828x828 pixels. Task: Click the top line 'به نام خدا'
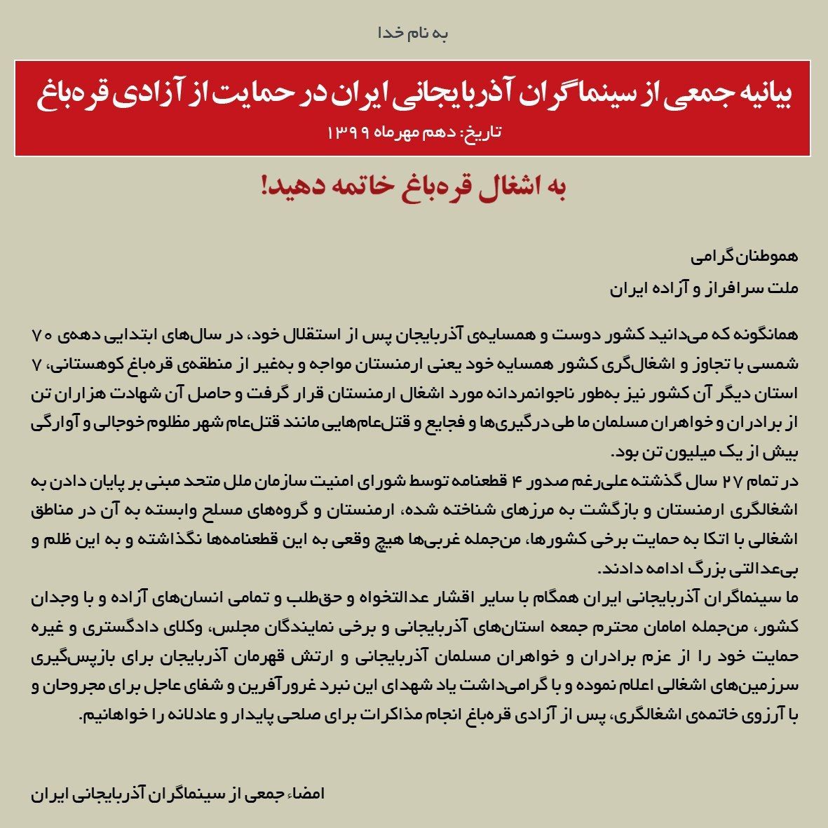[413, 34]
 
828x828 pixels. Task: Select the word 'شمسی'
[778, 366]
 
